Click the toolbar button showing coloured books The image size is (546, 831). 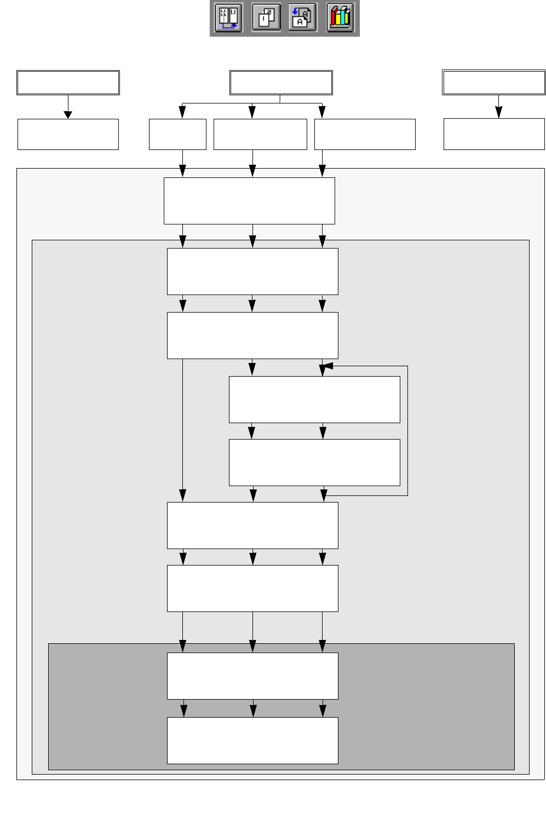[340, 18]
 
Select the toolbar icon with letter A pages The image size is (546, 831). [302, 18]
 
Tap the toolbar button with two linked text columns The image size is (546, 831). [228, 18]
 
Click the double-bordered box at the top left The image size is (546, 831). [68, 83]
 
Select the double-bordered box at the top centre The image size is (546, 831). [281, 83]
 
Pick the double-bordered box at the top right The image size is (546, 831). [493, 83]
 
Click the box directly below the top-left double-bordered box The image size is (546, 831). [68, 134]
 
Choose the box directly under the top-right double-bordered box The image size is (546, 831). [494, 134]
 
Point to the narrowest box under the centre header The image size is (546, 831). [177, 134]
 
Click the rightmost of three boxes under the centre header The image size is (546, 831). [365, 134]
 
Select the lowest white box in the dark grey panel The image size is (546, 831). [252, 740]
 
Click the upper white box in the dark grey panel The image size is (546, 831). [252, 676]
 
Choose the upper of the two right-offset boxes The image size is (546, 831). [314, 399]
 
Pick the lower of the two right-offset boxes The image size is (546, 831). [314, 462]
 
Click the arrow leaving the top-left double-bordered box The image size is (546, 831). [68, 107]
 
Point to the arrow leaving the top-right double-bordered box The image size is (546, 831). [498, 107]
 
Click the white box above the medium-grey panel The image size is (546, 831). [249, 200]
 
